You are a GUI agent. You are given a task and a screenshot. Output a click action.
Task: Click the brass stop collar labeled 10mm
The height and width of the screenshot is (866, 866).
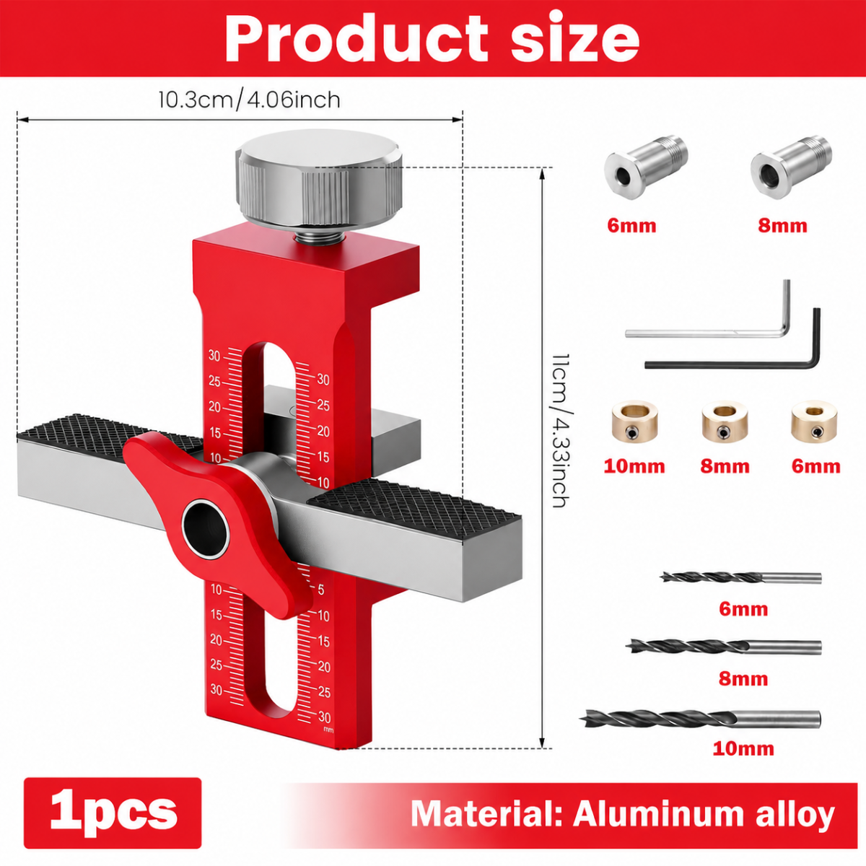pos(634,422)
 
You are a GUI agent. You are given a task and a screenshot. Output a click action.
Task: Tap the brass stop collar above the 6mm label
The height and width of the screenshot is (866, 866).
pos(814,421)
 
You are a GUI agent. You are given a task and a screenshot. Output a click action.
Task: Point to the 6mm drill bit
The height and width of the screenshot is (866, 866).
pos(740,577)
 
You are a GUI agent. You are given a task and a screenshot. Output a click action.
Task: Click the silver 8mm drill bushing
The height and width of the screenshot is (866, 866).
pos(792,167)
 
